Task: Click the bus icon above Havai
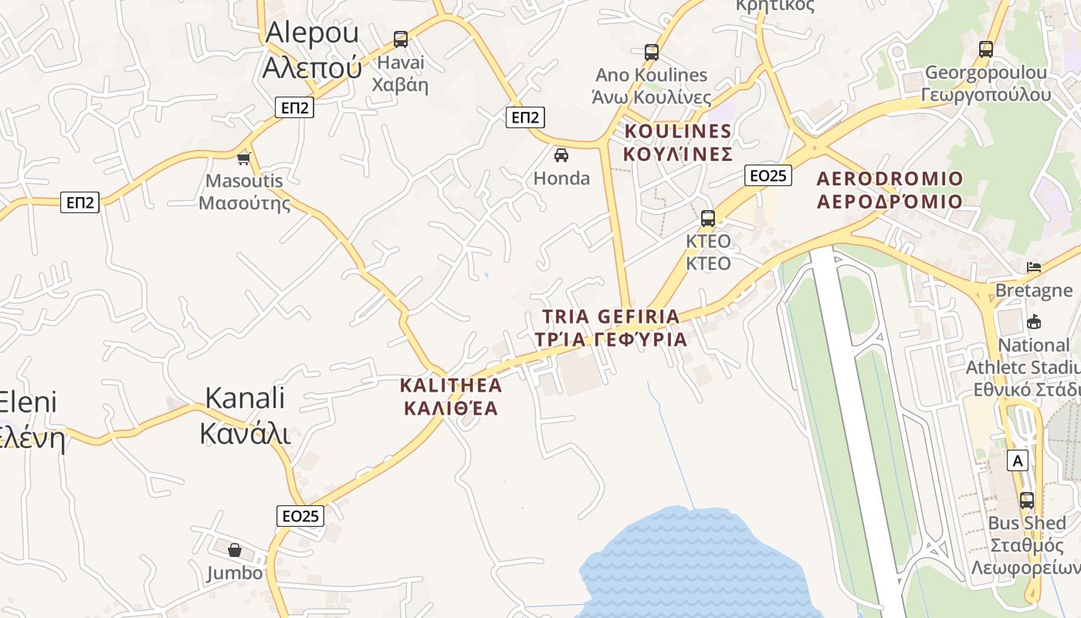coord(400,39)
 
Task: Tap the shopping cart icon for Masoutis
coord(244,158)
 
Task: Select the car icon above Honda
coord(561,154)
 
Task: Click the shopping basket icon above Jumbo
coord(235,550)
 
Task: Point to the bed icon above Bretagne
coord(1034,267)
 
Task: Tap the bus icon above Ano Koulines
coord(652,53)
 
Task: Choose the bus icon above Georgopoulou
coord(985,49)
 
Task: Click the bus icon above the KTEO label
coord(707,219)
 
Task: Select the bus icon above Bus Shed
coord(1026,500)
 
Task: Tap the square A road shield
coord(1018,461)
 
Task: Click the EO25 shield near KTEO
coord(768,175)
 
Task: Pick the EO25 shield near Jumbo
coord(300,515)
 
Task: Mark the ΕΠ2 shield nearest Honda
coord(525,117)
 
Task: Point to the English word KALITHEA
coord(451,385)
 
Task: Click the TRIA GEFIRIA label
coord(611,316)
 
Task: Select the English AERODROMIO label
coord(890,178)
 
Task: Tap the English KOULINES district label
coord(677,131)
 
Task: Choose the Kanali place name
coord(245,398)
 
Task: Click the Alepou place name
coord(312,32)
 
